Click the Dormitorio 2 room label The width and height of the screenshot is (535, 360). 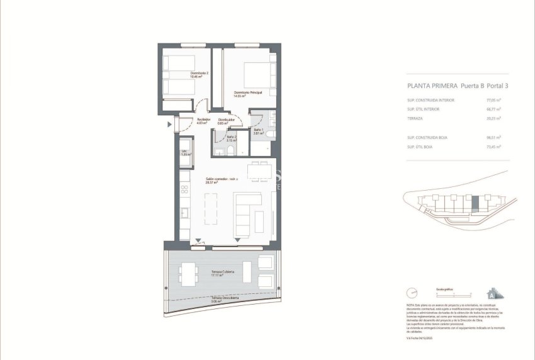pyautogui.click(x=200, y=75)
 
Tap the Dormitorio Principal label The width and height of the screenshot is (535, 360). pyautogui.click(x=247, y=94)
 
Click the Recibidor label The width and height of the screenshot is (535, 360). pyautogui.click(x=203, y=121)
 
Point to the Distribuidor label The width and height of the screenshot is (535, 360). pyautogui.click(x=226, y=121)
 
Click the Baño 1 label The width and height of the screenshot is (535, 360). pyautogui.click(x=259, y=131)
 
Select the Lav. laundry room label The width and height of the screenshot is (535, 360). pyautogui.click(x=184, y=153)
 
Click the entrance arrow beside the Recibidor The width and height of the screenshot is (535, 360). pyautogui.click(x=169, y=125)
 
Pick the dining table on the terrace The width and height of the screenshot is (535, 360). pyautogui.click(x=189, y=273)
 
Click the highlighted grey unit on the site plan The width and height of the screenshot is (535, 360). pyautogui.click(x=475, y=203)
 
